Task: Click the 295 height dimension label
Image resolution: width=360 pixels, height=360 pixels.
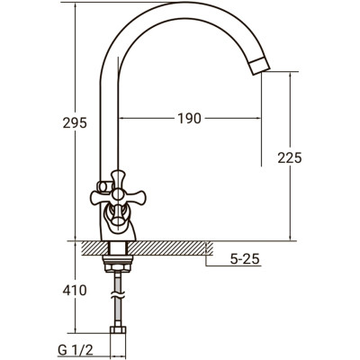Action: [x=75, y=122]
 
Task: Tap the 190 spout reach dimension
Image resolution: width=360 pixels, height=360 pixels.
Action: [x=189, y=118]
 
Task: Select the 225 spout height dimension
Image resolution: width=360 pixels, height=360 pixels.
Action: [x=290, y=157]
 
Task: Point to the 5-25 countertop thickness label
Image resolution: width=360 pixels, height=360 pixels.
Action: [x=245, y=259]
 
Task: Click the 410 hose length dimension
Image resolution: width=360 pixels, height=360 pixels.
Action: [x=75, y=290]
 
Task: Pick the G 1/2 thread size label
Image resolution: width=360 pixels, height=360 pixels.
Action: [x=76, y=350]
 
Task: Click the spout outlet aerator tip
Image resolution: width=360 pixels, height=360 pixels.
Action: [x=260, y=66]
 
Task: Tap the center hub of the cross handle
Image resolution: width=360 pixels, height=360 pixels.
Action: [x=118, y=194]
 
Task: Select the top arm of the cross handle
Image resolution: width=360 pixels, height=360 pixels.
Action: [x=118, y=179]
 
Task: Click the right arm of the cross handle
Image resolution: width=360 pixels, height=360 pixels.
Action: [x=134, y=197]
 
